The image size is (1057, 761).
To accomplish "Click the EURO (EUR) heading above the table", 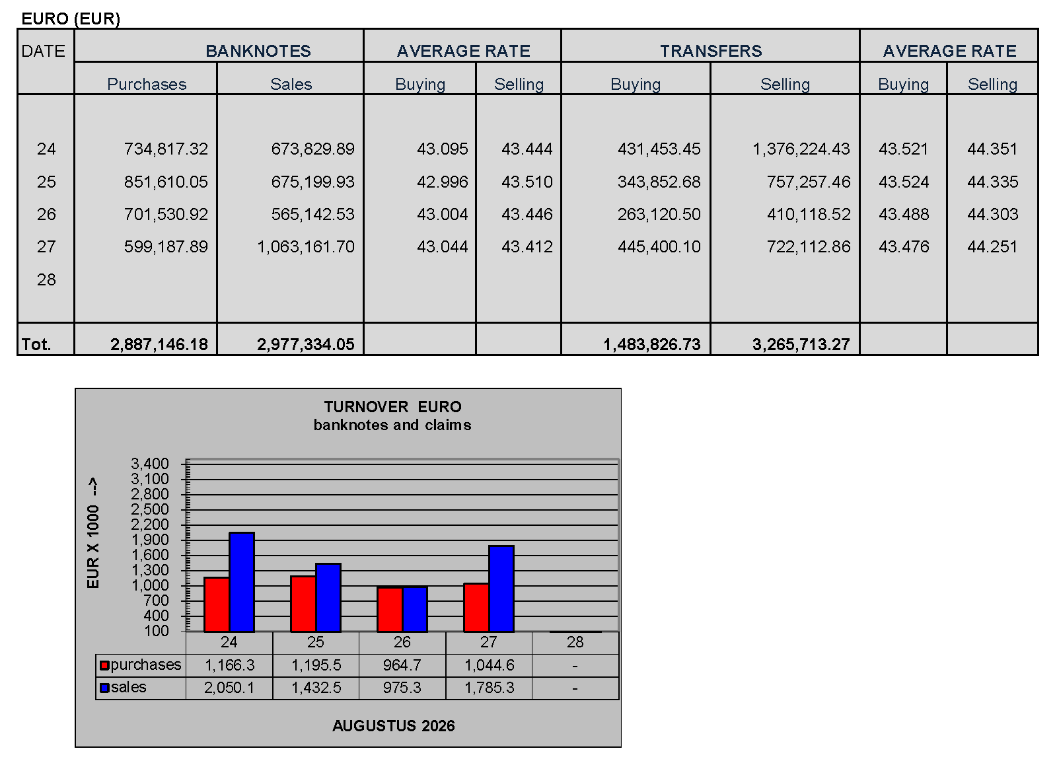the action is pyautogui.click(x=71, y=19).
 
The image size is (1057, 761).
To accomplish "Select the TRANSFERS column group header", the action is pyautogui.click(x=711, y=51).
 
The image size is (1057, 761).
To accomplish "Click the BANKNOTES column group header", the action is pyautogui.click(x=258, y=51).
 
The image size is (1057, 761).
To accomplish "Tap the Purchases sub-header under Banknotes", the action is pyautogui.click(x=147, y=84).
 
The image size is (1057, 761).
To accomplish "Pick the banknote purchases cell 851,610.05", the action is pyautogui.click(x=166, y=182).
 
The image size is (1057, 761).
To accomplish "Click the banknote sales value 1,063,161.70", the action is pyautogui.click(x=306, y=246).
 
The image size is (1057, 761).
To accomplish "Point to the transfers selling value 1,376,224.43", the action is pyautogui.click(x=801, y=149).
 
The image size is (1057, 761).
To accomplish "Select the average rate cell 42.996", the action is pyautogui.click(x=442, y=182).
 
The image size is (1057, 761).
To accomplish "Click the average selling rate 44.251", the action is pyautogui.click(x=992, y=246).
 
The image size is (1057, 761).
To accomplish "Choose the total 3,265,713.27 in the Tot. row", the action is pyautogui.click(x=801, y=344).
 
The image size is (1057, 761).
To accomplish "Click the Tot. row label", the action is pyautogui.click(x=36, y=344).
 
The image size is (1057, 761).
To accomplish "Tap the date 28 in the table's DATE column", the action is pyautogui.click(x=46, y=279).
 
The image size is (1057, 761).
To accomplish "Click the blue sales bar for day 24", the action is pyautogui.click(x=242, y=582).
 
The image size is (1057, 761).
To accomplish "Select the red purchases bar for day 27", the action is pyautogui.click(x=476, y=608).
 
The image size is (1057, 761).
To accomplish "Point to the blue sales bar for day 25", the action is pyautogui.click(x=328, y=597).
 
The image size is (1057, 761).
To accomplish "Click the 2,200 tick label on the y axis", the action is pyautogui.click(x=149, y=524).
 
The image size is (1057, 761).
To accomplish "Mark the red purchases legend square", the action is pyautogui.click(x=104, y=665).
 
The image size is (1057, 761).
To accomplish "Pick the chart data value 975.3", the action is pyautogui.click(x=402, y=688).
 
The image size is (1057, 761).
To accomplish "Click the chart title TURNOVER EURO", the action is pyautogui.click(x=392, y=407).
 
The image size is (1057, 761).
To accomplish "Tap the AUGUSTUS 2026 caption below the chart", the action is pyautogui.click(x=394, y=725).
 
